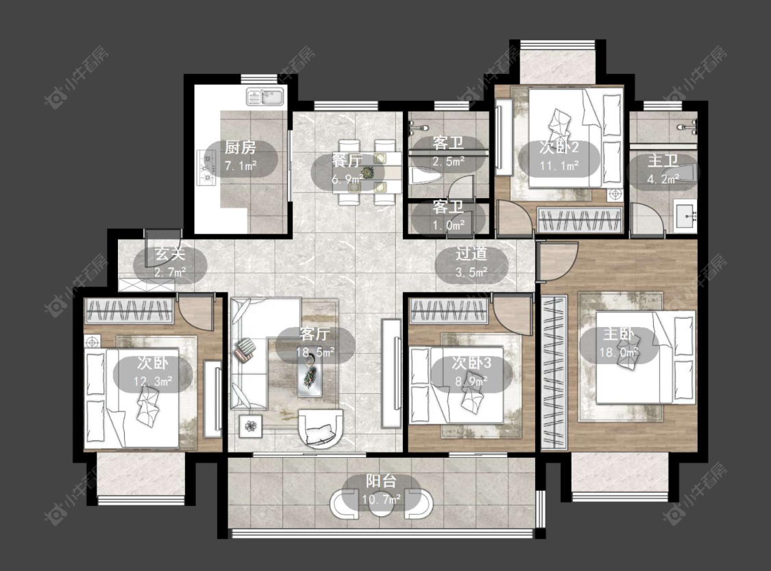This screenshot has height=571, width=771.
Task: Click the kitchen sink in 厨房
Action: click(x=265, y=97)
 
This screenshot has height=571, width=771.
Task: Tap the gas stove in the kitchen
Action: click(x=207, y=168)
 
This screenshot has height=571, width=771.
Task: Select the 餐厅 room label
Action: click(x=347, y=160)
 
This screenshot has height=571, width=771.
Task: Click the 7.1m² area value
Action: click(x=241, y=166)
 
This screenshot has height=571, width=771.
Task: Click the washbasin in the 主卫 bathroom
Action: click(x=687, y=215)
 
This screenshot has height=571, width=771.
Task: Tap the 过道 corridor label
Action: click(x=471, y=254)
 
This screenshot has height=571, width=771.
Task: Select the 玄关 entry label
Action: click(x=170, y=254)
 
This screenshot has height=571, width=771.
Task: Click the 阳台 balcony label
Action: click(x=381, y=481)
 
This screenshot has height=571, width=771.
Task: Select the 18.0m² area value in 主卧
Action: click(x=619, y=352)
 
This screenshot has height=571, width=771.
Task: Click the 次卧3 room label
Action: click(x=472, y=363)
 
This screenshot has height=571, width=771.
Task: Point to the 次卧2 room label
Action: click(x=559, y=147)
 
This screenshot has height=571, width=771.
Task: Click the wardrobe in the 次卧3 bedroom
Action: click(x=449, y=311)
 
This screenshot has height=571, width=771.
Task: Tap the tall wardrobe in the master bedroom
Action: click(x=554, y=373)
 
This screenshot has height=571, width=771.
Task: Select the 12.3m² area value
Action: click(x=153, y=381)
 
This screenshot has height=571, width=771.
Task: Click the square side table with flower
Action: click(x=252, y=426)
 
